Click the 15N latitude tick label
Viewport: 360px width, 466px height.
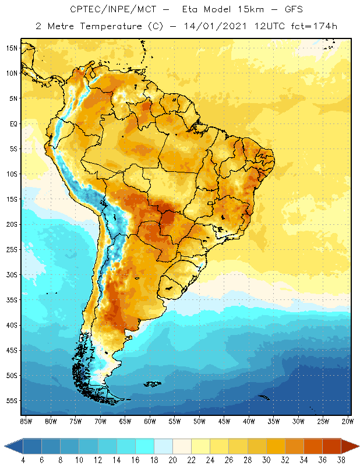[x=11, y=48]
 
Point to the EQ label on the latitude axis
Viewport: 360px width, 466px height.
[x=13, y=123]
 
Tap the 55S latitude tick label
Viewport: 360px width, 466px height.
[x=11, y=401]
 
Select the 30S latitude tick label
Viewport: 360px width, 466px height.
[x=11, y=274]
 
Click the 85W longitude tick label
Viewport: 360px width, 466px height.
[x=26, y=421]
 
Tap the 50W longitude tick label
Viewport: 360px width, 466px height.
[x=199, y=421]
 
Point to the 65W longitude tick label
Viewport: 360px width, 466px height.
[x=125, y=421]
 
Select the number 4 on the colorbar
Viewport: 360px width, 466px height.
[x=23, y=460]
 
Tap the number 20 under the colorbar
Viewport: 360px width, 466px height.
[x=173, y=460]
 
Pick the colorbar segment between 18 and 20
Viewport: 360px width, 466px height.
[x=164, y=446]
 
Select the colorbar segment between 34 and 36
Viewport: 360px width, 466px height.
[x=313, y=446]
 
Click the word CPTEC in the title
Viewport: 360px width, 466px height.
[x=88, y=9]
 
